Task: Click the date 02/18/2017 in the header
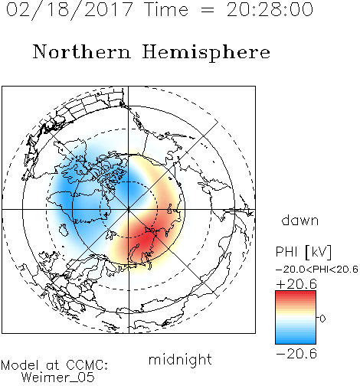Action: (x=70, y=10)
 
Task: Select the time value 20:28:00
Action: (x=270, y=10)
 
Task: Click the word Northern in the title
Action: (x=82, y=51)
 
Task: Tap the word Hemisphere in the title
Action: (x=206, y=52)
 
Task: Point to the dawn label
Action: (x=300, y=220)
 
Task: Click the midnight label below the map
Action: (x=180, y=360)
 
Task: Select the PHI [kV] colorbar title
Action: (x=303, y=252)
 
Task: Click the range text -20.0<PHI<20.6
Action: (x=317, y=270)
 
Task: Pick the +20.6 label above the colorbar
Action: (x=296, y=284)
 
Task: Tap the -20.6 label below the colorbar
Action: (x=296, y=354)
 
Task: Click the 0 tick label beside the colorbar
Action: (x=322, y=319)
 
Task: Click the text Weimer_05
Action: (x=58, y=378)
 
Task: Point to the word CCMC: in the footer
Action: (x=87, y=365)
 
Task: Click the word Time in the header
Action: (x=166, y=10)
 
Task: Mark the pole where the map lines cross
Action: (x=129, y=210)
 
